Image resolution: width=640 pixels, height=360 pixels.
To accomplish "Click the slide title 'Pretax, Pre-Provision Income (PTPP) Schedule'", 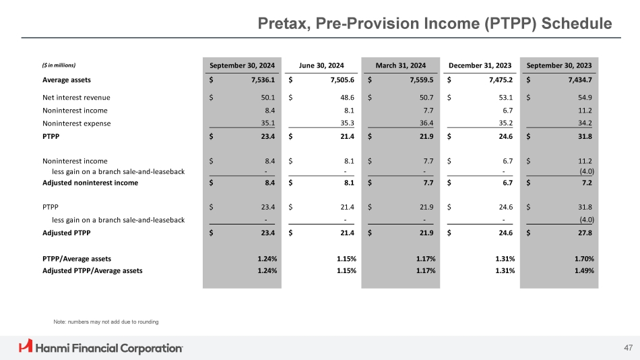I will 435,24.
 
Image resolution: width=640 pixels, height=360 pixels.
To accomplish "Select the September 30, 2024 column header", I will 242,65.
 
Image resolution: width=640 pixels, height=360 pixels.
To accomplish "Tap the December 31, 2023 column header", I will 480,65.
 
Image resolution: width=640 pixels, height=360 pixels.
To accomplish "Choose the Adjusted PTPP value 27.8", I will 585,233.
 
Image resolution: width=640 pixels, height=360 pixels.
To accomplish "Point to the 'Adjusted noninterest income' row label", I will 90,183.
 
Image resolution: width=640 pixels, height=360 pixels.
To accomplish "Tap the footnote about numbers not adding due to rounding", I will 106,322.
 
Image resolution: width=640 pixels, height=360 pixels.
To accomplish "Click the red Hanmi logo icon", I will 26,347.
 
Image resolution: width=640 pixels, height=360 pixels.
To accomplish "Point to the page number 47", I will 628,347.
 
